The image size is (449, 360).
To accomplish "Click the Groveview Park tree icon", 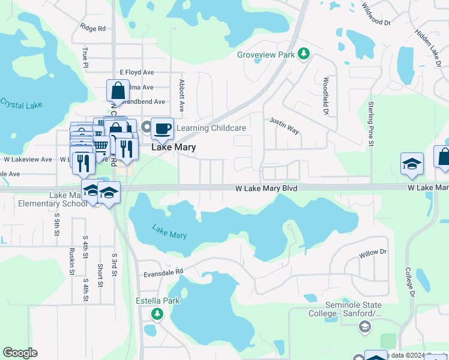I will click(304, 55).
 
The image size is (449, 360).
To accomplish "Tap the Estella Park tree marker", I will click(157, 314).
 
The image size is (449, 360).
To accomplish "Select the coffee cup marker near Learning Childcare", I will click(162, 128).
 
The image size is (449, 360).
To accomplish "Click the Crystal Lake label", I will click(21, 104).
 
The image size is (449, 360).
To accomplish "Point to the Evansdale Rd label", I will click(163, 272).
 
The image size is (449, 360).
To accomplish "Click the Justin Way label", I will click(284, 125).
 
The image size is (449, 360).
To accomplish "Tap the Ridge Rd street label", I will click(92, 28).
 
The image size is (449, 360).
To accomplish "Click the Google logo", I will click(20, 353).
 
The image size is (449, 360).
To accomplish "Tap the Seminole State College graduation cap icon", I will click(364, 326).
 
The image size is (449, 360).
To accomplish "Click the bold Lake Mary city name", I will click(173, 147).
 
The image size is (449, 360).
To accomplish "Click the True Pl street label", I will click(86, 58).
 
